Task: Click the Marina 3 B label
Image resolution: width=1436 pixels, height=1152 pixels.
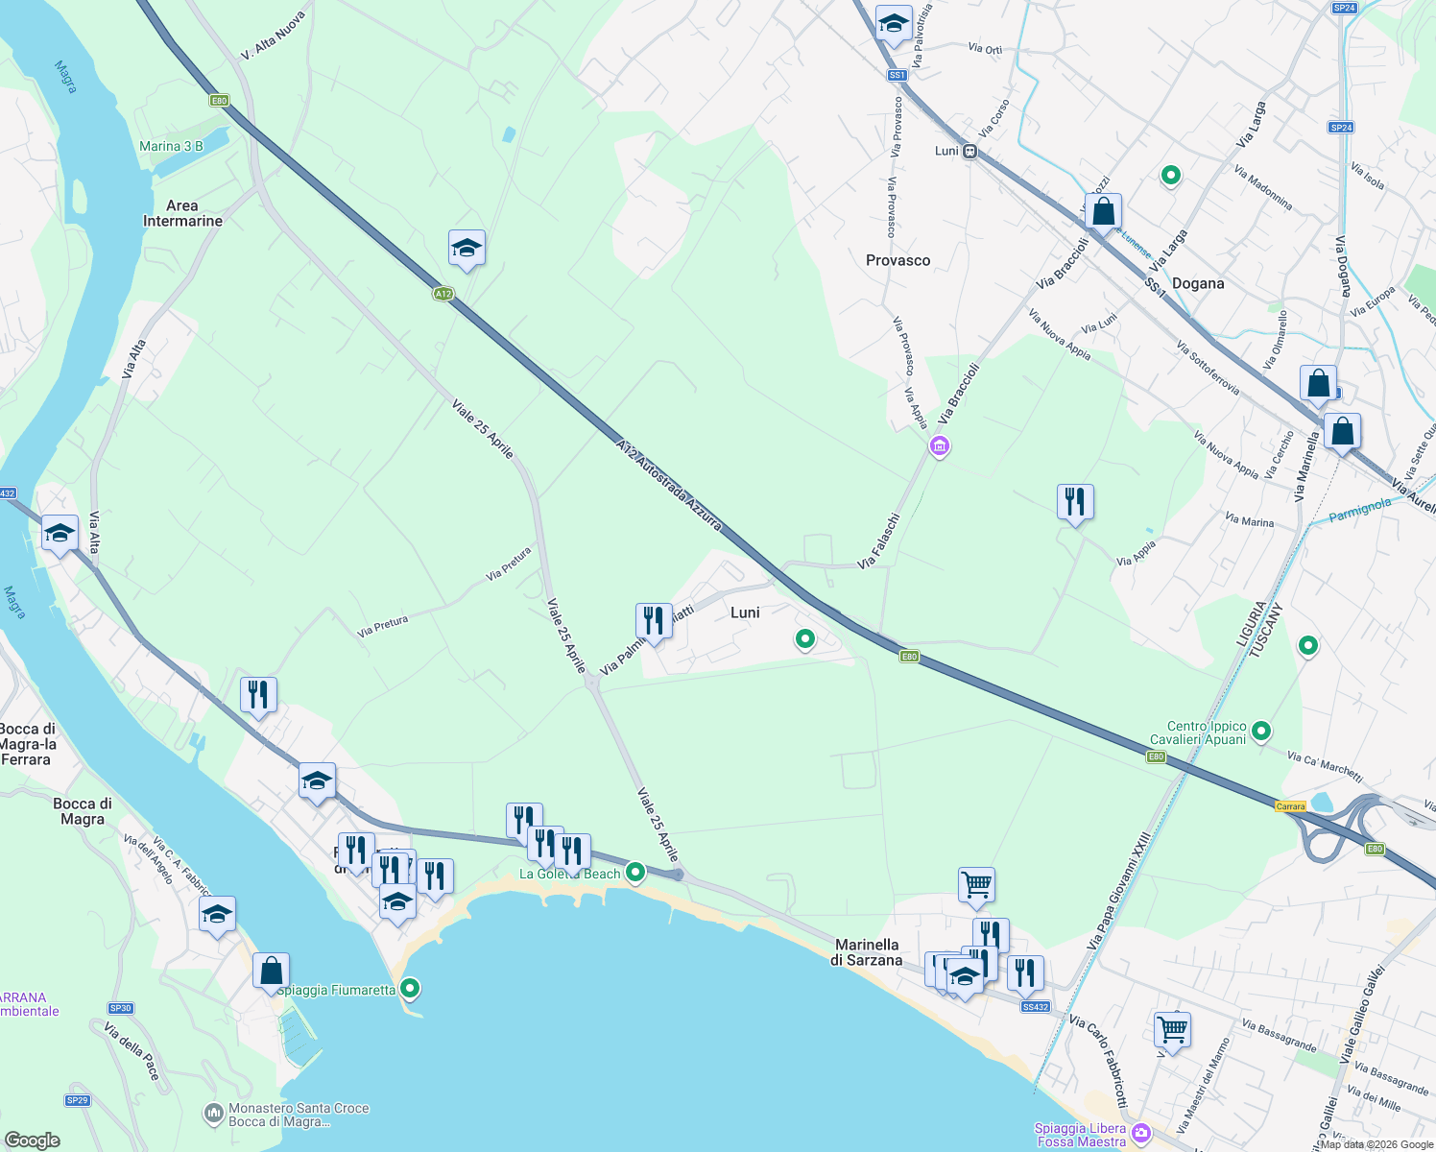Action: tap(171, 147)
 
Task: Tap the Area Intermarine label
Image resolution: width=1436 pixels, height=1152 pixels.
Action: tap(182, 213)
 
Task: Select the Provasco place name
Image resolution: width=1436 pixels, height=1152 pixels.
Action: tap(897, 260)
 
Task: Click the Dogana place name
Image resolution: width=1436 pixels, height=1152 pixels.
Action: tap(1197, 283)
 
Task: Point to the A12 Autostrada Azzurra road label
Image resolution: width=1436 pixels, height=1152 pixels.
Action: tap(669, 486)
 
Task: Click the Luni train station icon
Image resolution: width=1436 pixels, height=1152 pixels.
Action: tap(970, 151)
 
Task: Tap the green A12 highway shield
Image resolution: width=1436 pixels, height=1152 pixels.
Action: tap(443, 294)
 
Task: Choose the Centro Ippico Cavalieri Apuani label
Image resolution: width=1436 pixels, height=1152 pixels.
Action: tap(1207, 732)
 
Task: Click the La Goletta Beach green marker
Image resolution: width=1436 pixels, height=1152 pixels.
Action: tap(634, 873)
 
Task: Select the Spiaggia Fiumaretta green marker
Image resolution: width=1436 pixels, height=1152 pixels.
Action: tap(410, 987)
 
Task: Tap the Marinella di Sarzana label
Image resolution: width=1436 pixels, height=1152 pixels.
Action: tap(867, 952)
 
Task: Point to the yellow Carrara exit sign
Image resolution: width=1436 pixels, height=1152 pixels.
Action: tap(1290, 806)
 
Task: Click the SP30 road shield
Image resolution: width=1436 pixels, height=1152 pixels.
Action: tap(120, 1008)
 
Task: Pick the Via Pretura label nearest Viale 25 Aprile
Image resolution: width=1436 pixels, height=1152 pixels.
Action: tap(509, 564)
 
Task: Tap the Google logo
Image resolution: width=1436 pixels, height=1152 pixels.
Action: tap(32, 1140)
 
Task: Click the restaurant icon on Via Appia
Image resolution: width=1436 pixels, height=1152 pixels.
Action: tap(1075, 501)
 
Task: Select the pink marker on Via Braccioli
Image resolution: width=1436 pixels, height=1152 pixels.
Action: tap(940, 446)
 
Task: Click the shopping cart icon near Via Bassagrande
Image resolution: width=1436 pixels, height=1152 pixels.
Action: tap(1172, 1029)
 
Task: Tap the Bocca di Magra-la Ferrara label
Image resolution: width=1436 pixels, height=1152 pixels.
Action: tap(28, 744)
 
